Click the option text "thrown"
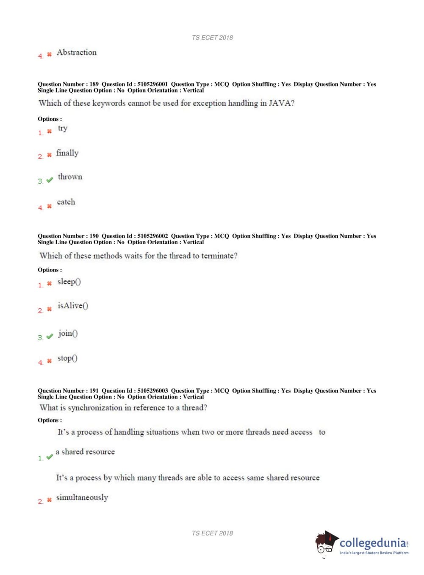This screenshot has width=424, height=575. [70, 177]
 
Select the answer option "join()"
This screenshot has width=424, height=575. [68, 333]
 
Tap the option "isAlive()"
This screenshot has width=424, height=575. [73, 306]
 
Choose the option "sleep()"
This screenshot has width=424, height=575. [69, 282]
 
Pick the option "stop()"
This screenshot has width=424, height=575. [67, 358]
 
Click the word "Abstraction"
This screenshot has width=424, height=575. [77, 53]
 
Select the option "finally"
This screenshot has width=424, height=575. [67, 153]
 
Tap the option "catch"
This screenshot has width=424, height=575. [66, 202]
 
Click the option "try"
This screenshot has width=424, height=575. [63, 128]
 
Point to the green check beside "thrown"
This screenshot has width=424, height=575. [50, 180]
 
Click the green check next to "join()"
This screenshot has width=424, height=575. [50, 336]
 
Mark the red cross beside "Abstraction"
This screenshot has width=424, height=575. [49, 54]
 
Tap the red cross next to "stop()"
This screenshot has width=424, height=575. [49, 361]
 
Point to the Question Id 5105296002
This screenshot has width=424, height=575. [152, 236]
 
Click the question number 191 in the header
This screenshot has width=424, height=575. [94, 391]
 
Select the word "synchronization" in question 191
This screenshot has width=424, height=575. [95, 408]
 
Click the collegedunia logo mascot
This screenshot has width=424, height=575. [326, 543]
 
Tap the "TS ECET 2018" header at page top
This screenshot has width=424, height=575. [212, 37]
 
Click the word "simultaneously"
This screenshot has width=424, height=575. [82, 497]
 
